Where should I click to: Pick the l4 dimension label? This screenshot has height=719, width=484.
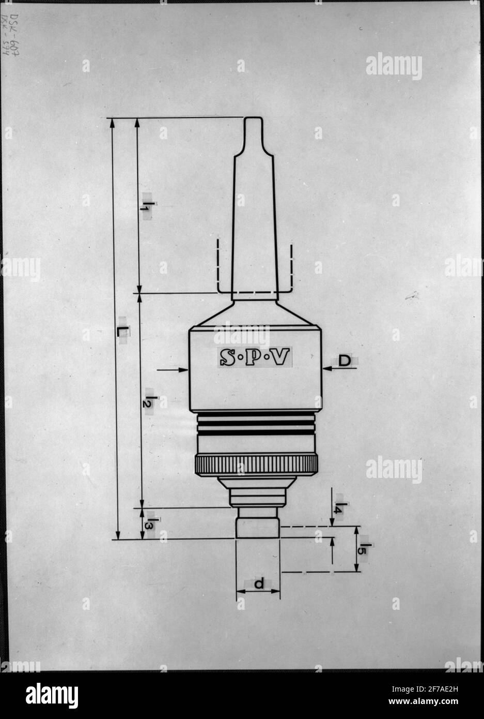tap(339, 507)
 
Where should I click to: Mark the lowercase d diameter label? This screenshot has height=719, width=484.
tap(259, 584)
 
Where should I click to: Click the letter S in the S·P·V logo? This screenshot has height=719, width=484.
tap(227, 357)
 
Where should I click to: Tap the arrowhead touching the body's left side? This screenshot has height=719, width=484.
tap(183, 369)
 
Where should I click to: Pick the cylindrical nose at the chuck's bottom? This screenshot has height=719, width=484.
tap(258, 527)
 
